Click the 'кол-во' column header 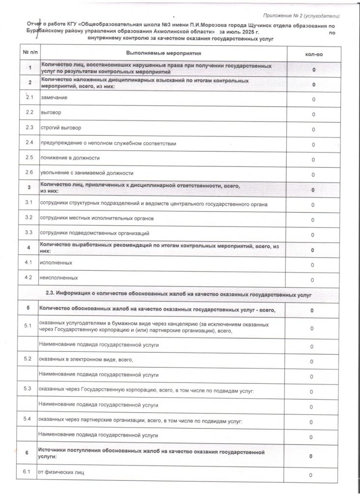314,53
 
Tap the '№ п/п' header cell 30,52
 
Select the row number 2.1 30,97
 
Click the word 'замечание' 54,97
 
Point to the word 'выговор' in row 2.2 51,113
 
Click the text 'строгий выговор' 60,128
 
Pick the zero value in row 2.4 313,145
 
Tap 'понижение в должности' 70,158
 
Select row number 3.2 29,217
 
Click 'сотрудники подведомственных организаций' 94,233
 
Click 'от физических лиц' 61,473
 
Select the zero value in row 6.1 311,475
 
